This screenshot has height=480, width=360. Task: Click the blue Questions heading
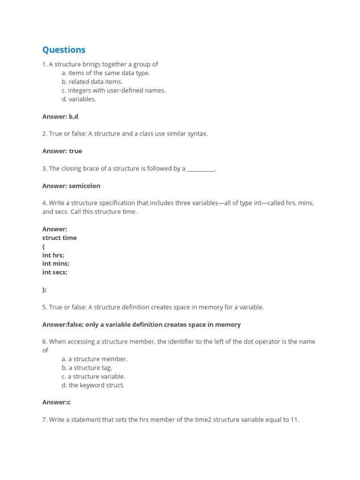[64, 50]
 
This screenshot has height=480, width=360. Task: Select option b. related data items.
[92, 82]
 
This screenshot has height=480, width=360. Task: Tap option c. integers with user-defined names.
[113, 90]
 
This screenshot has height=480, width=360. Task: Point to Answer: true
[62, 151]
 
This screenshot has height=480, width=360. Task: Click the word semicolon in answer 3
[84, 186]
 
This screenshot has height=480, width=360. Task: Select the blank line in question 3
[201, 169]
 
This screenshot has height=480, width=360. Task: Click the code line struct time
[60, 238]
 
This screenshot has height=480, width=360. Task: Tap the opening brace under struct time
[44, 247]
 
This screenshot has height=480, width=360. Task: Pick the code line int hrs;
[53, 255]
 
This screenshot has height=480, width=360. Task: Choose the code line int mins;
[56, 263]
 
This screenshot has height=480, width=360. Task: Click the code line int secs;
[55, 272]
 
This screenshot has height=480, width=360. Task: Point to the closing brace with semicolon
[45, 290]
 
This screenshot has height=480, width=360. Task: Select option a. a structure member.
[94, 359]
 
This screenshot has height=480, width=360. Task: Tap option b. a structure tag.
[87, 368]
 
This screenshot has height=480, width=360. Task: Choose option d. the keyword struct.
[93, 385]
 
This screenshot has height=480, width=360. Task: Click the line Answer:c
[56, 402]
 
